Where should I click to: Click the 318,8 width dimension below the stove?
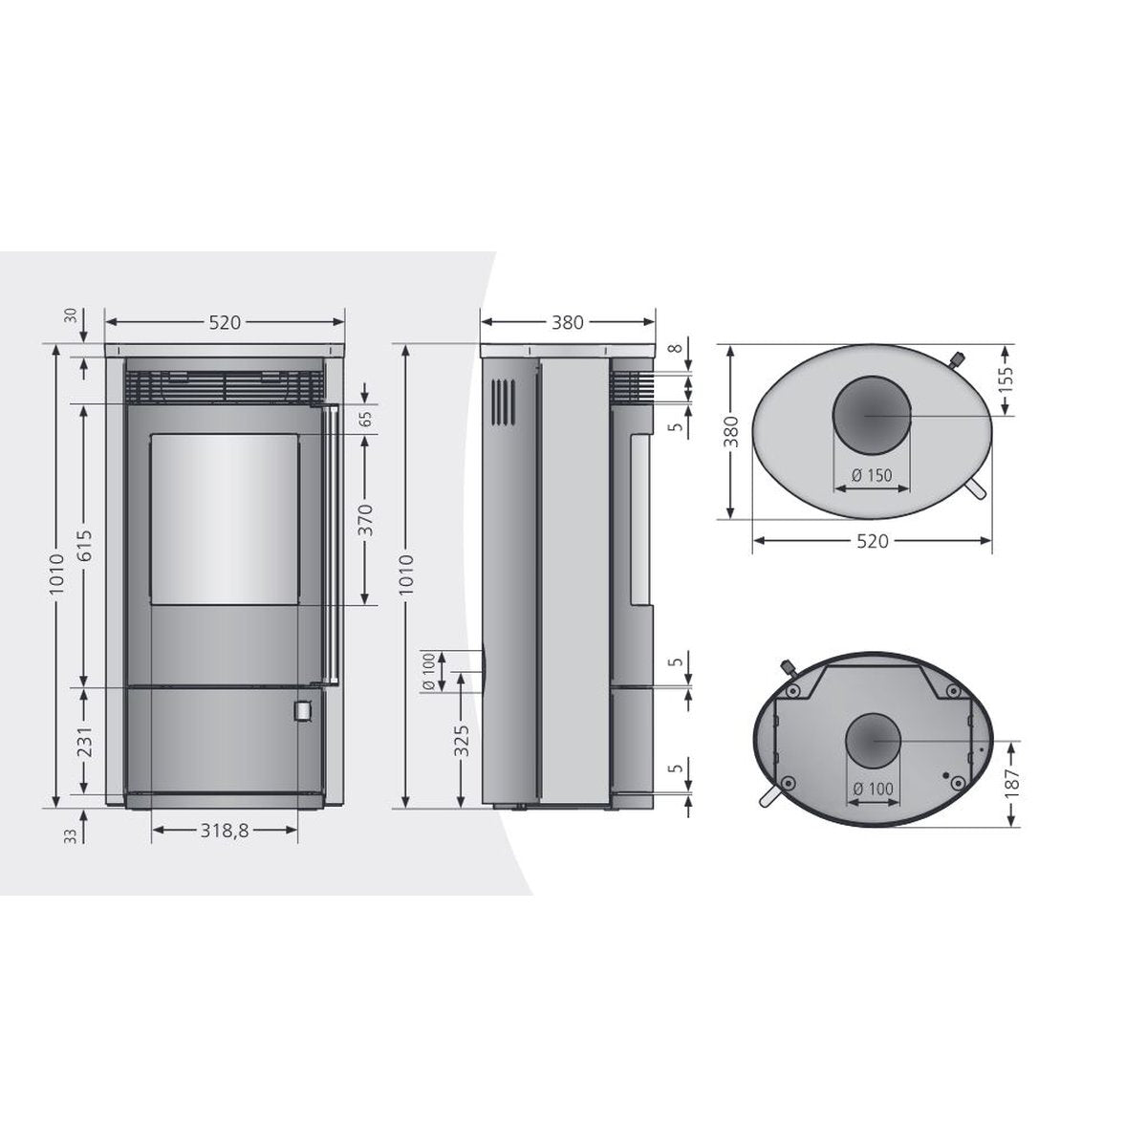coord(225,832)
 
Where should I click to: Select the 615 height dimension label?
coord(84,546)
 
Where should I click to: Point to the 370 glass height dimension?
coord(366,519)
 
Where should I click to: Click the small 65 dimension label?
coord(366,419)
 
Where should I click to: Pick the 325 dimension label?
coord(462,742)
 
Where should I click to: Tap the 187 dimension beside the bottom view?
coord(1012,783)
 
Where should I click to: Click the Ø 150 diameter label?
coord(870,475)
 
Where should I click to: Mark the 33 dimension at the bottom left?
coord(71,835)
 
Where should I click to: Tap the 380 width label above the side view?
coord(567,322)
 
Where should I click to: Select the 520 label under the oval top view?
coord(872,541)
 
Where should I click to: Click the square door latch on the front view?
coord(301,711)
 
